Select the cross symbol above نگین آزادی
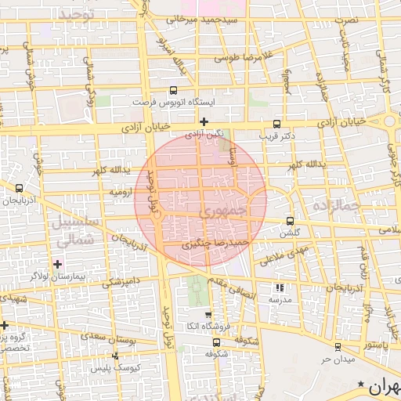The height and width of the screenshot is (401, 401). point(204,121)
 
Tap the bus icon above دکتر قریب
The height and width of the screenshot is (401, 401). point(276,123)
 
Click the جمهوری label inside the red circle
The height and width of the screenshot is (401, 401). point(221,211)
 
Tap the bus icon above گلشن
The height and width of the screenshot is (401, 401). point(291,221)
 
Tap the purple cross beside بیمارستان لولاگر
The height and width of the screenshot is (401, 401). point(56,264)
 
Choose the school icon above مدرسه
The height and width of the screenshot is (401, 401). point(280,287)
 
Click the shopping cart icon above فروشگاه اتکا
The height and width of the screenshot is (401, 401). point(208,315)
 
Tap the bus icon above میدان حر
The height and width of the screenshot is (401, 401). point(338,346)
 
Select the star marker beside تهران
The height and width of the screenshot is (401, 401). point(360,384)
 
